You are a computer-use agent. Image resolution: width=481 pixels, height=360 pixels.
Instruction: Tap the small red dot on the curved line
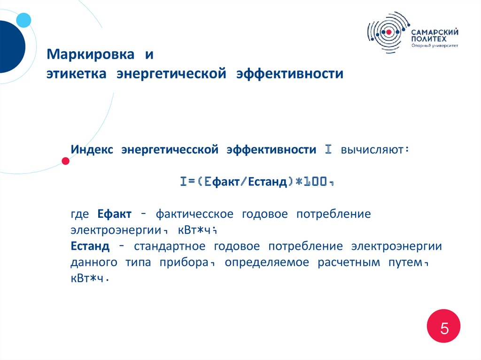(x=66, y=161)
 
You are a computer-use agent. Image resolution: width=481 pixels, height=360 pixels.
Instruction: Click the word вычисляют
(x=371, y=150)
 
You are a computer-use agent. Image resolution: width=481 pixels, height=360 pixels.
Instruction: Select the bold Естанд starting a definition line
(x=91, y=246)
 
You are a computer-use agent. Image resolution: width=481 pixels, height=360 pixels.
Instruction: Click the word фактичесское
(x=194, y=214)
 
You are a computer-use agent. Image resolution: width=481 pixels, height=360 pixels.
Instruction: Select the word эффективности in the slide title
(x=290, y=74)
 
